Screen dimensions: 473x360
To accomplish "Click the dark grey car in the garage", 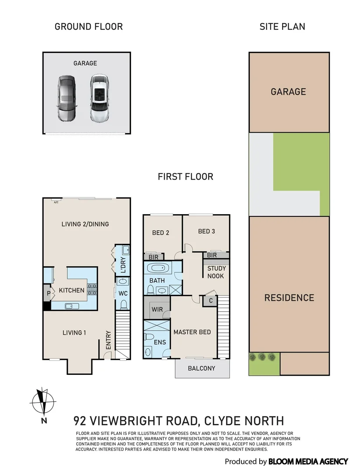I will click(66, 98).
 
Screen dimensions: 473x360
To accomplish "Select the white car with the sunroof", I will click(99, 98).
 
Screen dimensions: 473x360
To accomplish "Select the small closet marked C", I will click(211, 301).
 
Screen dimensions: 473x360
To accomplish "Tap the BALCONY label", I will click(201, 368).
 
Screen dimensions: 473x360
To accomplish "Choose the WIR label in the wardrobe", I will click(157, 309).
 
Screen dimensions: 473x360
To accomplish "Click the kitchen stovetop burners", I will click(93, 290).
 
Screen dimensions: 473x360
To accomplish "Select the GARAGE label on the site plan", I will click(288, 92).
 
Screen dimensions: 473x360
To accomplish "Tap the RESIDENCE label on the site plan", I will click(289, 298).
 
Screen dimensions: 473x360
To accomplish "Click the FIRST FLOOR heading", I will click(185, 177).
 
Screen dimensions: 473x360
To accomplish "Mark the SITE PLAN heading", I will click(282, 27).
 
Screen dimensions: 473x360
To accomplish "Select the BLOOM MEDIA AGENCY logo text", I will click(308, 461).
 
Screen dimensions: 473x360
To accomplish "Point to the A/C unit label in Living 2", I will click(56, 202).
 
